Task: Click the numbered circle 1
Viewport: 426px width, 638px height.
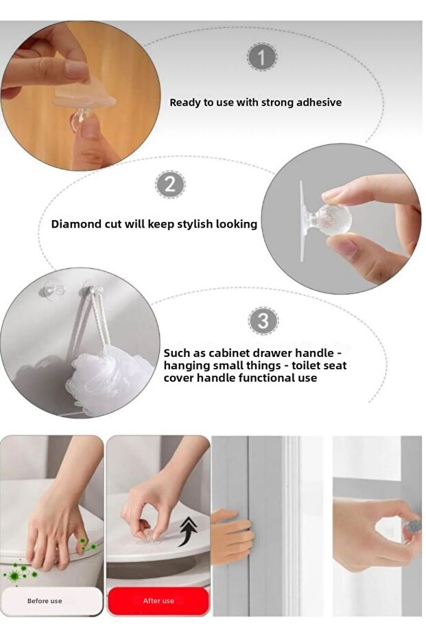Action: coord(262,57)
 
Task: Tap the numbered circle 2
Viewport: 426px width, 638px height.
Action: coord(170,184)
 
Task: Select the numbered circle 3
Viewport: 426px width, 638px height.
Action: coord(263,321)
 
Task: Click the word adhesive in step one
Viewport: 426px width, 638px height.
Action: coord(319,103)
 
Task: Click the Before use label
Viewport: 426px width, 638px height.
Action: coord(45,600)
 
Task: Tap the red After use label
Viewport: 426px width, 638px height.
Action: coord(158,600)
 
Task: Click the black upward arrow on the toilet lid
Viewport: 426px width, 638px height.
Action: coord(189,530)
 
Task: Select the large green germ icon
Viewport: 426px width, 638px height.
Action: coord(16,574)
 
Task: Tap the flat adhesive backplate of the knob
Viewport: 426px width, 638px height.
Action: coord(303,221)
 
